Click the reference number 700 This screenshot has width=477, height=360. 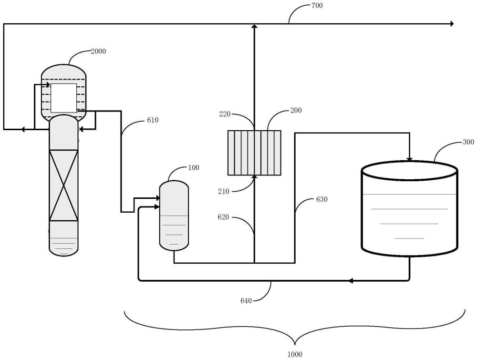[x=317, y=5]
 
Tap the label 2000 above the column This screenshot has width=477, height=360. [x=98, y=51]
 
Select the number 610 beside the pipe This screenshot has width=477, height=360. [x=153, y=120]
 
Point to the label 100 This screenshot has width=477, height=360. [x=194, y=167]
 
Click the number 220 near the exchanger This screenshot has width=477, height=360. [x=225, y=114]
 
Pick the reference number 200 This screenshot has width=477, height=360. [x=296, y=110]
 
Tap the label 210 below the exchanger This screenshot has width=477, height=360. [x=224, y=191]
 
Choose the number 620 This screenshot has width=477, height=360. [x=223, y=217]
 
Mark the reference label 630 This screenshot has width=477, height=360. [x=322, y=199]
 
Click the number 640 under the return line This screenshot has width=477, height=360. [x=246, y=301]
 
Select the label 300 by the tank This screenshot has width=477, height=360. [x=468, y=142]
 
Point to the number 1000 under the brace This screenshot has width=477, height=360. [x=295, y=354]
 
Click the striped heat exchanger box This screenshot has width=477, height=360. [x=254, y=153]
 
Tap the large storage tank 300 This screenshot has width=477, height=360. [x=409, y=208]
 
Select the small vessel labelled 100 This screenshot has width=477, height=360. [x=174, y=216]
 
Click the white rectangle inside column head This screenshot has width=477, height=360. [x=63, y=98]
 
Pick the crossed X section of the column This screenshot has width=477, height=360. [x=63, y=185]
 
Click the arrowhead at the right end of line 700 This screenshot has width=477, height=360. [x=452, y=23]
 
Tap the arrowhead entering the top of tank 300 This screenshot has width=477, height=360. [x=409, y=159]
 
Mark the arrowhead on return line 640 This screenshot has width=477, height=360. [x=351, y=281]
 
